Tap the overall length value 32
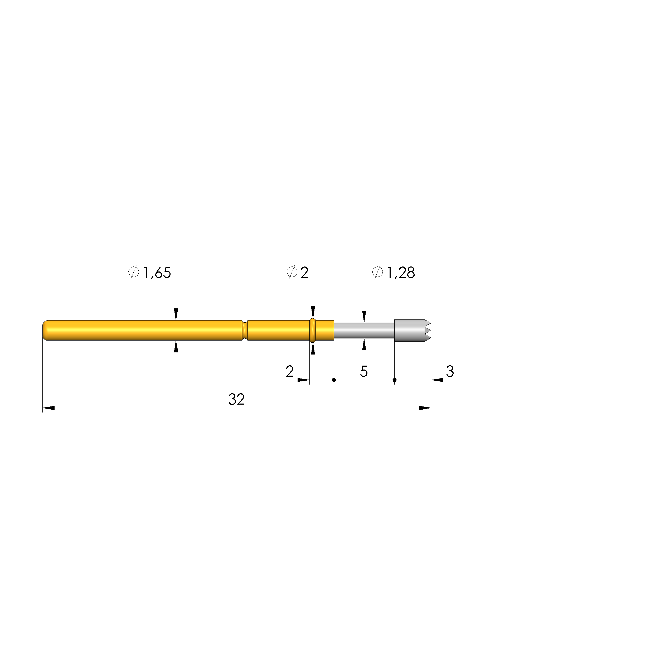pyautogui.click(x=236, y=399)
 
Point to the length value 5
pyautogui.click(x=364, y=371)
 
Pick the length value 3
pyautogui.click(x=450, y=371)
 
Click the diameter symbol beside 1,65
pyautogui.click(x=134, y=272)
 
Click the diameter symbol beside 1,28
pyautogui.click(x=377, y=272)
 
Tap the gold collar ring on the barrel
pyautogui.click(x=312, y=330)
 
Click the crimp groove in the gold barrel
pyautogui.click(x=244, y=330)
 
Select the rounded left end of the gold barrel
pyautogui.click(x=45, y=330)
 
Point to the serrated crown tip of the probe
pyautogui.click(x=427, y=330)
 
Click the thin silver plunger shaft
pyautogui.click(x=364, y=330)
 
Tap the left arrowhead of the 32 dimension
pyautogui.click(x=48, y=408)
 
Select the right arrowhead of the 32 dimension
pyautogui.click(x=425, y=408)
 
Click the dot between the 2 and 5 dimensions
pyautogui.click(x=334, y=380)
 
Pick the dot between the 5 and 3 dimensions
pyautogui.click(x=395, y=380)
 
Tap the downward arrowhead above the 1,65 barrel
pyautogui.click(x=176, y=314)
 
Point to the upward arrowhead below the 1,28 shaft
pyautogui.click(x=364, y=345)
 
